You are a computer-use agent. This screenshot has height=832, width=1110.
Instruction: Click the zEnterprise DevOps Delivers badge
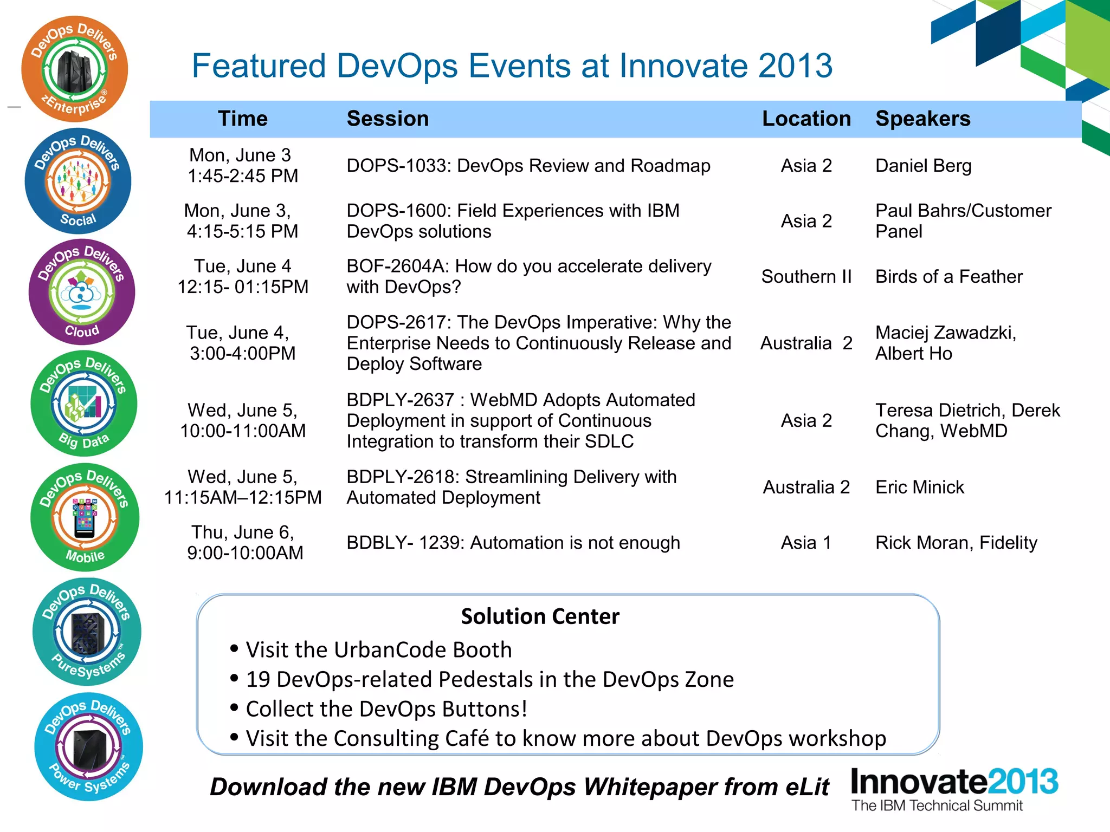74,69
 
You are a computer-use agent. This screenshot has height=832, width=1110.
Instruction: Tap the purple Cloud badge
81,292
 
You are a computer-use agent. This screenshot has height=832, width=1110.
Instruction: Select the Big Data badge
83,404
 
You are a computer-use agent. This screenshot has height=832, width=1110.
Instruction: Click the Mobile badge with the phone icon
85,517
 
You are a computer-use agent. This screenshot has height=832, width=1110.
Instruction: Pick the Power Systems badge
88,747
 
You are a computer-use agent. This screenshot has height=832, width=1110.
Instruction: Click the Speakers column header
922,119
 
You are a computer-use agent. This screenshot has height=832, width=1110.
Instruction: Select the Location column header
806,119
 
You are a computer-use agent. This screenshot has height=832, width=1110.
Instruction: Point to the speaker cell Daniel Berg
923,166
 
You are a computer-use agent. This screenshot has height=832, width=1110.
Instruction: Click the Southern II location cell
806,277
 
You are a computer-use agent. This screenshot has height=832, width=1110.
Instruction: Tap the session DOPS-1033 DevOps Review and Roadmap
528,166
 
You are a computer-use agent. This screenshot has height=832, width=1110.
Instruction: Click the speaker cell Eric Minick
919,487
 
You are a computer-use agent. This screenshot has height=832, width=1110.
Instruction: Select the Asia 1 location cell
806,543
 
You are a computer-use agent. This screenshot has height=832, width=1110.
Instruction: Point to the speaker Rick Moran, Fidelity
956,543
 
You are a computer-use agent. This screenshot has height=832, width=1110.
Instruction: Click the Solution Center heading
540,616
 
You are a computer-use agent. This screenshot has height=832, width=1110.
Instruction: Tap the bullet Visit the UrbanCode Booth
378,649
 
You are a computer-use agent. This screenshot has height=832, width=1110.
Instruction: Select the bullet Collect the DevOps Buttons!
386,709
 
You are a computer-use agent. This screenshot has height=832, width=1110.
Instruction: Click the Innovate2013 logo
954,788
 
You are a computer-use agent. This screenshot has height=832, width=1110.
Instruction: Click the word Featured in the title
259,66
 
